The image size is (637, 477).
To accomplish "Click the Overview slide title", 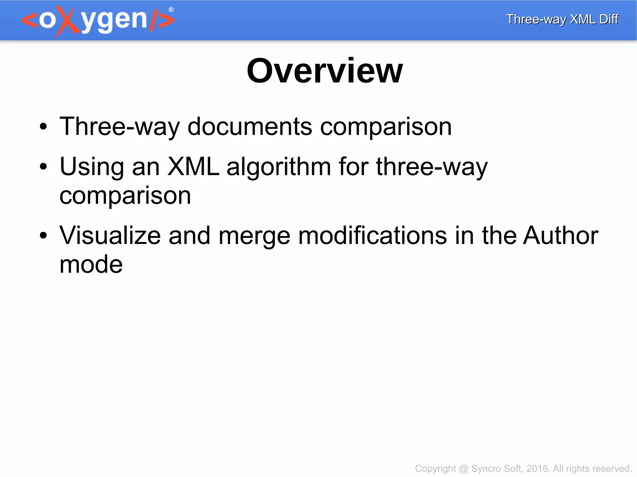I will click(x=324, y=71).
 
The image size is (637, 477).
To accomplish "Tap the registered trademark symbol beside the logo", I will click(x=171, y=10).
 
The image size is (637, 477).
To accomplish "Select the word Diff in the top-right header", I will click(x=609, y=19).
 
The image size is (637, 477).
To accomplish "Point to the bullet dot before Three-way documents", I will click(x=43, y=127).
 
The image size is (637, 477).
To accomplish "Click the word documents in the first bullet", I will click(x=250, y=127).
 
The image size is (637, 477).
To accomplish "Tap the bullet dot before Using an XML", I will click(x=43, y=167).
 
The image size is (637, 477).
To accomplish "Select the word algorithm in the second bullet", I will click(x=278, y=167).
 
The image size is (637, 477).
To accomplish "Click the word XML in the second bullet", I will click(x=193, y=167).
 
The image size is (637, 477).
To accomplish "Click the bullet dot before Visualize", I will click(x=43, y=236).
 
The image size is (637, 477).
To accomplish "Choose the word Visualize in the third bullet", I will click(x=110, y=236).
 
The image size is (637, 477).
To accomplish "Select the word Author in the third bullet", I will click(x=560, y=236).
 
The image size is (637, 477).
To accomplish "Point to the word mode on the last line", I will click(x=91, y=264).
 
